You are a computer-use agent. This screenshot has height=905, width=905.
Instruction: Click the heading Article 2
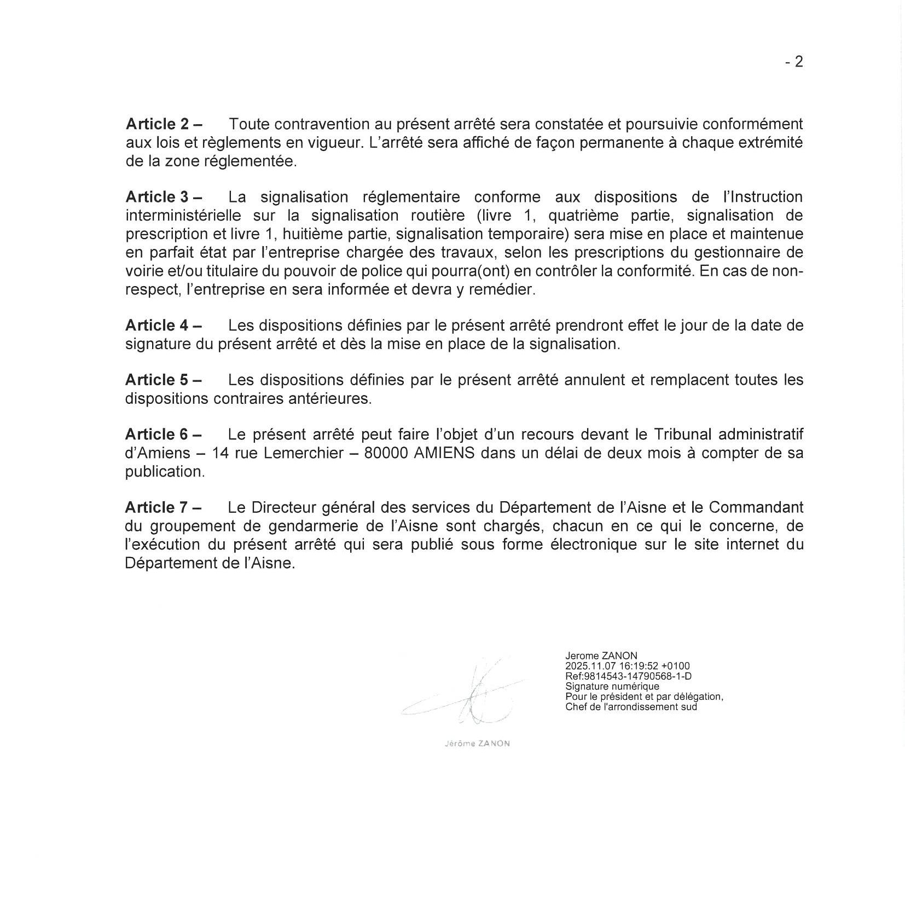tap(163, 124)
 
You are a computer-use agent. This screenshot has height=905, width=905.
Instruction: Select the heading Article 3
tap(163, 197)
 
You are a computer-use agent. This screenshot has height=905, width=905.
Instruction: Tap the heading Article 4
tap(163, 325)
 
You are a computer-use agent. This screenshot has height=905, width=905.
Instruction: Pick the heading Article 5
tap(163, 380)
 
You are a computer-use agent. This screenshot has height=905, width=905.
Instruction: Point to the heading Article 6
tap(163, 434)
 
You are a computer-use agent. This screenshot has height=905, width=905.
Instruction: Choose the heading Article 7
tap(163, 507)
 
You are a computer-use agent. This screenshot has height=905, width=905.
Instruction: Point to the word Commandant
tap(756, 507)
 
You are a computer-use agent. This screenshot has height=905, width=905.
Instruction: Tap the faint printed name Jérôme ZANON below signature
tap(478, 744)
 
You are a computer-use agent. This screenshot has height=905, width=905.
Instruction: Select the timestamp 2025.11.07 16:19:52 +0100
tap(628, 666)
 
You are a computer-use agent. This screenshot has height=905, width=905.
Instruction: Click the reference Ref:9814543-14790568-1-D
tap(628, 676)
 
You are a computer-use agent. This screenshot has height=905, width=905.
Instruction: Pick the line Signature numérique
tap(612, 686)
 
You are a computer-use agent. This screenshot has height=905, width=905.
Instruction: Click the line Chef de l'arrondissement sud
tap(631, 706)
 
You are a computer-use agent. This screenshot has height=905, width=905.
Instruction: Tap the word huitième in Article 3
tap(314, 234)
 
